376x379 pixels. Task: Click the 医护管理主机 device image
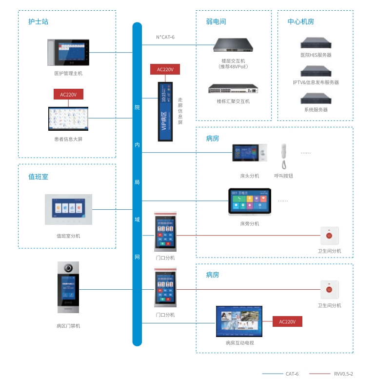(x=68, y=53)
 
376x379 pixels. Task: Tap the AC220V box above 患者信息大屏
(x=68, y=94)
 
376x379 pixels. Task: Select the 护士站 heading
(x=39, y=22)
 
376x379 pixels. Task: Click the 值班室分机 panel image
(x=68, y=209)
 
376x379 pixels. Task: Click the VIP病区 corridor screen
(x=165, y=112)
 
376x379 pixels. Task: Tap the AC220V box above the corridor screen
(x=165, y=69)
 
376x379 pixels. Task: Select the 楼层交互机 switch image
(x=234, y=45)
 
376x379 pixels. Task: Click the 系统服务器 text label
(x=316, y=110)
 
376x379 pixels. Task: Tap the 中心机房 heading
(x=301, y=22)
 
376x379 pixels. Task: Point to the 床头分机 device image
(x=249, y=153)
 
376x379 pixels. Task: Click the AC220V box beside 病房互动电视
(x=287, y=321)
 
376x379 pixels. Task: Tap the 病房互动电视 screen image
(x=239, y=321)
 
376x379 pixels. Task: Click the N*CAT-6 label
(x=165, y=37)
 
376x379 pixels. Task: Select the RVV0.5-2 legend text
(x=344, y=374)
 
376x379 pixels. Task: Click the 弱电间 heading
(x=216, y=22)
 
